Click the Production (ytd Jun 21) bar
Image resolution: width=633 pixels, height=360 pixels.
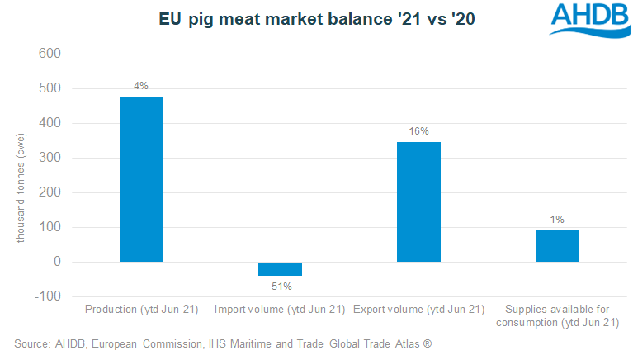click(x=141, y=179)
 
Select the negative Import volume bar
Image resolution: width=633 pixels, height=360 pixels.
click(x=280, y=268)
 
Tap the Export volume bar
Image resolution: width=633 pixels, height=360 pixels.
click(x=418, y=201)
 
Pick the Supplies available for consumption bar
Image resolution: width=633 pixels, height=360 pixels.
click(x=557, y=246)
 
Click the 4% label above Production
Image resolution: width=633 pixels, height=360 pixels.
click(x=141, y=86)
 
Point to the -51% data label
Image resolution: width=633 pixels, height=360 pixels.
click(x=280, y=286)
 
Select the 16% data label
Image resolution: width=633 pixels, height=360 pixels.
click(x=418, y=131)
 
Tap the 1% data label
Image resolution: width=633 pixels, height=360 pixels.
click(x=557, y=220)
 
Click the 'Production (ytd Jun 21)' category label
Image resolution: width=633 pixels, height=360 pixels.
click(x=141, y=310)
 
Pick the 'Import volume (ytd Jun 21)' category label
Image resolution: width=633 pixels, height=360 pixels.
click(x=280, y=310)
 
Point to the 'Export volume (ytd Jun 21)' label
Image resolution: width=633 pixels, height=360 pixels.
click(x=418, y=310)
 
